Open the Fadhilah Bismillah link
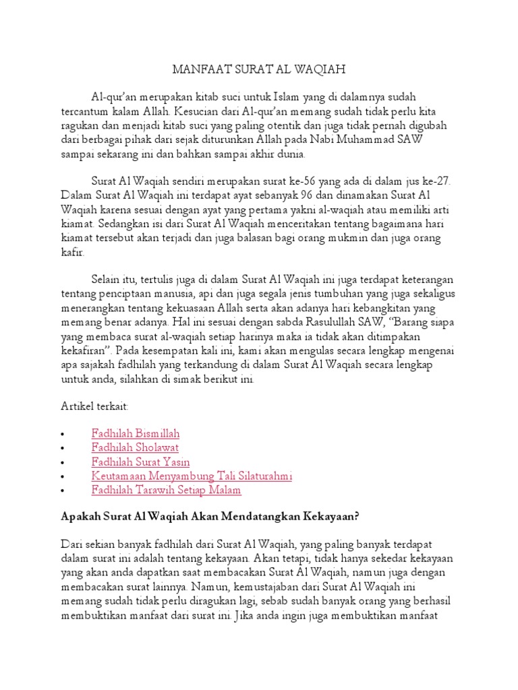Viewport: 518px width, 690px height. pyautogui.click(x=136, y=433)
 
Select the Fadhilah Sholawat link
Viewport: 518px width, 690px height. pyautogui.click(x=135, y=447)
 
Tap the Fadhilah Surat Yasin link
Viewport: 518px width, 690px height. pyautogui.click(x=140, y=462)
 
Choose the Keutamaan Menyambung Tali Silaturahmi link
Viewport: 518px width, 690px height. pyautogui.click(x=192, y=476)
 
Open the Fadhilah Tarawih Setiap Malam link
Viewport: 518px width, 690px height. pyautogui.click(x=166, y=490)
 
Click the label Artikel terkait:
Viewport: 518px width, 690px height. pyautogui.click(x=94, y=407)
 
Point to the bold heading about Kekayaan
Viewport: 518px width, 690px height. pyautogui.click(x=210, y=517)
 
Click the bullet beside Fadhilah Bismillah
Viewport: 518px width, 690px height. pyautogui.click(x=62, y=434)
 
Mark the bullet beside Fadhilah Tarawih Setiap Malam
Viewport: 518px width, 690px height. pyautogui.click(x=62, y=491)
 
